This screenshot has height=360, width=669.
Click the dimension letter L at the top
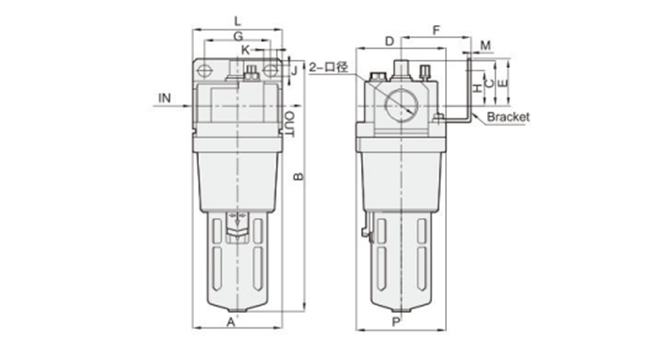coord(238,21)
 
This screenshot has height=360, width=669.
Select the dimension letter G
coord(238,36)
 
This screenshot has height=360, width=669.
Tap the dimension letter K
coord(245,50)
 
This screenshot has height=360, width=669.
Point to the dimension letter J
coord(294,70)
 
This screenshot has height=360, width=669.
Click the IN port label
coord(165,98)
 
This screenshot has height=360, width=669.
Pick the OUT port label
coord(290,124)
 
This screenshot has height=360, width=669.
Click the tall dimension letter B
coord(298,177)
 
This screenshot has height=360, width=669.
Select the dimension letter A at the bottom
coord(231,322)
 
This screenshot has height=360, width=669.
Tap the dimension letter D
coord(389,41)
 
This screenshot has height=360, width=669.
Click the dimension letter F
coord(436,30)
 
